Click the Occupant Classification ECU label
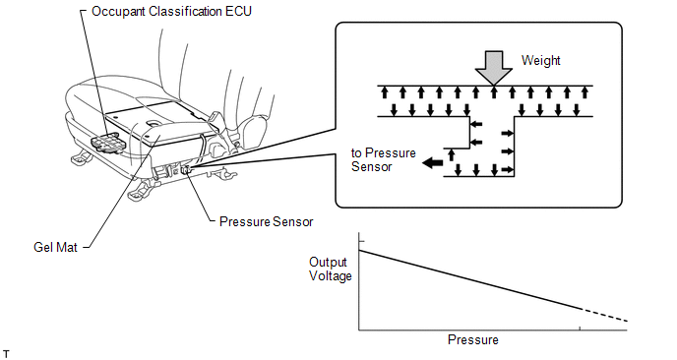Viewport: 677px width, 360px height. click(171, 11)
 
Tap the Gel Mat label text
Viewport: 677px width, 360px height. click(55, 247)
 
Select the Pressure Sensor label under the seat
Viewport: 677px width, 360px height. click(266, 222)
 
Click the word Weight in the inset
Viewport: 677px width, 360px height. click(540, 60)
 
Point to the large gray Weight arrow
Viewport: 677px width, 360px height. click(494, 68)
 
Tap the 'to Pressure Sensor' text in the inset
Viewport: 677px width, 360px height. click(384, 159)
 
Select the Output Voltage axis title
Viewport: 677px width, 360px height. click(331, 269)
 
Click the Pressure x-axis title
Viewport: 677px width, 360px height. click(472, 339)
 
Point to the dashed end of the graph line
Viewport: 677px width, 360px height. click(603, 315)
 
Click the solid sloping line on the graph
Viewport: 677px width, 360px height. click(469, 279)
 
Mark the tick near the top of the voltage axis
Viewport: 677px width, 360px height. click(362, 241)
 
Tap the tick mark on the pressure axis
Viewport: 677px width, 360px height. click(580, 329)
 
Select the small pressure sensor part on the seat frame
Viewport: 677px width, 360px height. click(187, 169)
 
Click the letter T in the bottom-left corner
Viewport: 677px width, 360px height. click(6, 355)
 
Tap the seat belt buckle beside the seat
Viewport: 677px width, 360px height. click(215, 119)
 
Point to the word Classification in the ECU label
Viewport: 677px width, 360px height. click(186, 11)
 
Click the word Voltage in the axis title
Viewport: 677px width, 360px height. click(331, 275)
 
